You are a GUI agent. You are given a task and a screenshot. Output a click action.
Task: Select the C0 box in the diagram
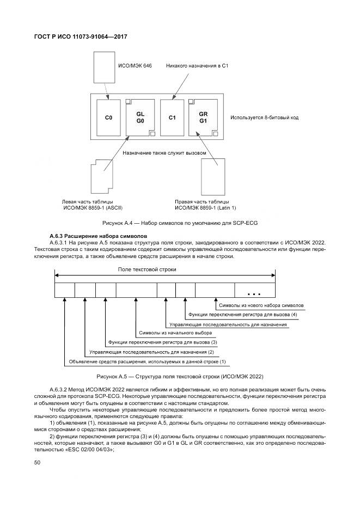coord(108,118)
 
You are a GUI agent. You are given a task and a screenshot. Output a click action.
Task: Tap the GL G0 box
coord(140,118)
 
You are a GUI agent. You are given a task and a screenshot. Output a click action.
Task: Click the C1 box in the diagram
coord(172,118)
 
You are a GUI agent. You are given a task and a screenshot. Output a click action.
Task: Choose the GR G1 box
coord(204,118)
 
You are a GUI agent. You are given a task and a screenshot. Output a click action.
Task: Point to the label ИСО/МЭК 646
coord(135,66)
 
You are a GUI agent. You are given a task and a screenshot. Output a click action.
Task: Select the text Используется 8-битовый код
coord(264,118)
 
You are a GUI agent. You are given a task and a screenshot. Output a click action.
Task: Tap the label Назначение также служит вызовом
coord(164,153)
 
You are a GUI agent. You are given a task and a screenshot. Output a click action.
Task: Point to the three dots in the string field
coord(254,292)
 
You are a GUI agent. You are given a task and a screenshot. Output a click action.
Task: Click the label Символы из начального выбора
coord(175,333)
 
